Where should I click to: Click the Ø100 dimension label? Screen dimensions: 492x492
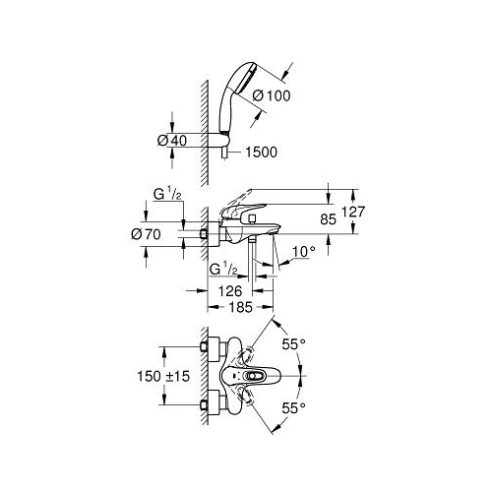pos(272,95)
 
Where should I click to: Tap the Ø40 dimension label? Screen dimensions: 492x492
pos(172,141)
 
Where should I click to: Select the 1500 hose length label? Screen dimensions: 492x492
pos(261,153)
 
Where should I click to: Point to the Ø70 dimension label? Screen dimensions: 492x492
pos(146,234)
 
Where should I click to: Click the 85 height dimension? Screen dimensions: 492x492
pos(329,219)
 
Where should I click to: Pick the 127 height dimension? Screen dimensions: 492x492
pos(353,212)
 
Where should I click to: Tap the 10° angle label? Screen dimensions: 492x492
pos(303,252)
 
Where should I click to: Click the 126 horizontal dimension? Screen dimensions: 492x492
pos(230,291)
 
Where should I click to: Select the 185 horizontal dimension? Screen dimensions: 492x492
pos(241,307)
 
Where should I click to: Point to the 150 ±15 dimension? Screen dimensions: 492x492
pos(163,376)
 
